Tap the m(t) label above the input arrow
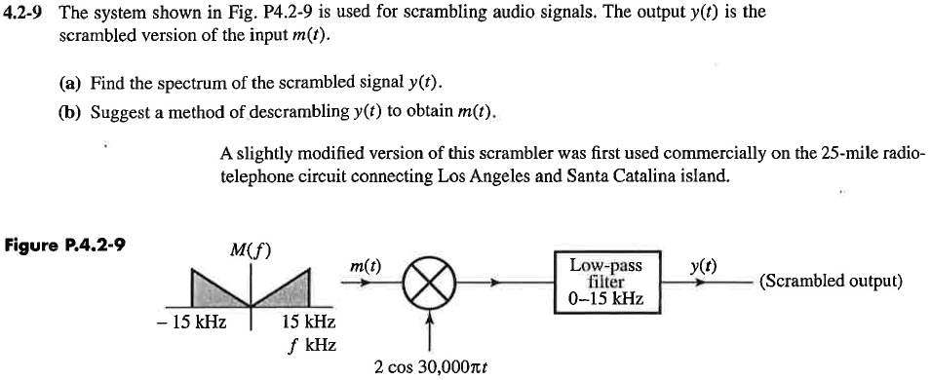click(x=366, y=264)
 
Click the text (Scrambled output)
click(x=831, y=282)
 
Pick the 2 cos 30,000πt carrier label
click(x=430, y=368)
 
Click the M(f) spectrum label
click(x=251, y=249)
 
